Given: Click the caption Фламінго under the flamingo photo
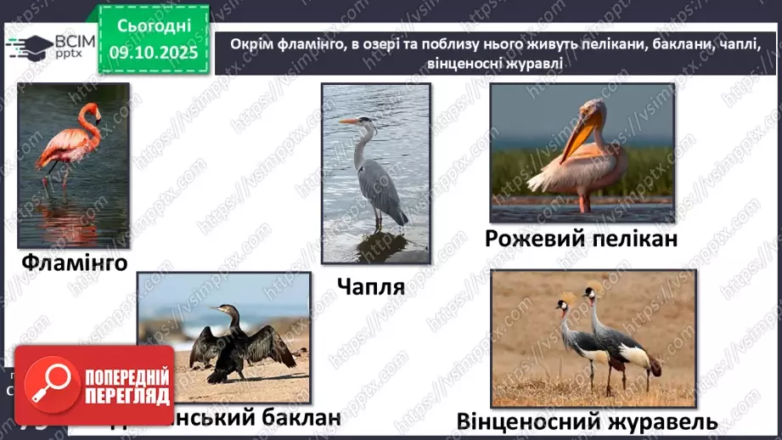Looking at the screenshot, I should click(74, 263).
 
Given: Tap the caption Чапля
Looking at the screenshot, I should click(369, 286).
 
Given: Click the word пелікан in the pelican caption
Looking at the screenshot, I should click(636, 240).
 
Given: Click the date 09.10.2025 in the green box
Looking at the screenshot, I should click(152, 52).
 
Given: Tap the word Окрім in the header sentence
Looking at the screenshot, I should click(253, 44).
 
